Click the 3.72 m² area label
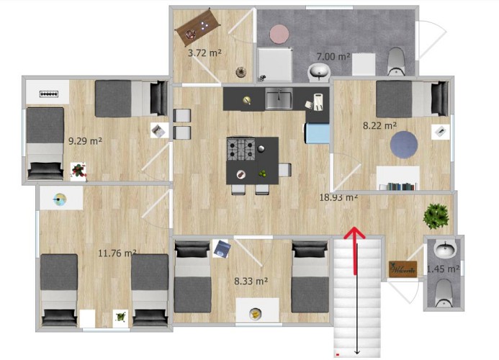click(x=204, y=53)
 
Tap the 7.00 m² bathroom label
click(x=333, y=57)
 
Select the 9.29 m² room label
click(x=85, y=140)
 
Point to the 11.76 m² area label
click(x=117, y=253)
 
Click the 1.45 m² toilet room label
click(x=443, y=269)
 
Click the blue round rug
click(x=404, y=145)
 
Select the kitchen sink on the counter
click(x=279, y=99)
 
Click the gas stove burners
click(x=241, y=148)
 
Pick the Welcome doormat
click(x=403, y=269)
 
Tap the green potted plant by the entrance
click(x=436, y=216)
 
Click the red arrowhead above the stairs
click(x=354, y=232)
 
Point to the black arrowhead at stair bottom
click(x=357, y=352)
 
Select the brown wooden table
click(x=197, y=27)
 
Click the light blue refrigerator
click(x=317, y=134)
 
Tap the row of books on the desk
click(x=402, y=186)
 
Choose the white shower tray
click(x=274, y=65)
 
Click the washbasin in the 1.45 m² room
click(x=444, y=249)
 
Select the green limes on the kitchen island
click(x=263, y=174)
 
